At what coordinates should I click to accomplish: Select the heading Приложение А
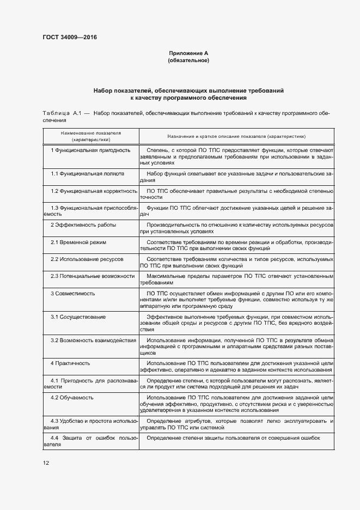tap(188, 53)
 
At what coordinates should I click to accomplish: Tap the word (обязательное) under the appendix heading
tap(188, 60)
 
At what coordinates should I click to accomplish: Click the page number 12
tap(46, 463)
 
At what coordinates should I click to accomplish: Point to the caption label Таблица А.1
tap(62, 113)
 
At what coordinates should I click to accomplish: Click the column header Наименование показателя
tap(91, 132)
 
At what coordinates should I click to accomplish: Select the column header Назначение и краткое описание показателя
tap(236, 136)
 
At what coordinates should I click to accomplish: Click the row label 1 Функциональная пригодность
tap(90, 149)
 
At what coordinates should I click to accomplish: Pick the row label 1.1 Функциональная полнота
tap(88, 173)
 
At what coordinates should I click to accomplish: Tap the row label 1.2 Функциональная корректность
tap(94, 191)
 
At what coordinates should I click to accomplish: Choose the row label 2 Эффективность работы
tap(83, 224)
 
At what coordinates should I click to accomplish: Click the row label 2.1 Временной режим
tap(78, 241)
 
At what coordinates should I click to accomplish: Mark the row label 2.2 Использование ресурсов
tap(87, 259)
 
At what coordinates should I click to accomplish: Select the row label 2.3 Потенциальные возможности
tap(93, 276)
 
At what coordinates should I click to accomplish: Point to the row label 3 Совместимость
tap(73, 293)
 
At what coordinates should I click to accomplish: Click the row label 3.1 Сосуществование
tap(78, 317)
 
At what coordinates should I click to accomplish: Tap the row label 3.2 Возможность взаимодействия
tap(94, 340)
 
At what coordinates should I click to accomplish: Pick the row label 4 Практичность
tap(70, 363)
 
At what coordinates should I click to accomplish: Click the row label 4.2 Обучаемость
tap(72, 398)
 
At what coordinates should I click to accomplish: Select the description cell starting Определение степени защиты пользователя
tap(233, 438)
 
